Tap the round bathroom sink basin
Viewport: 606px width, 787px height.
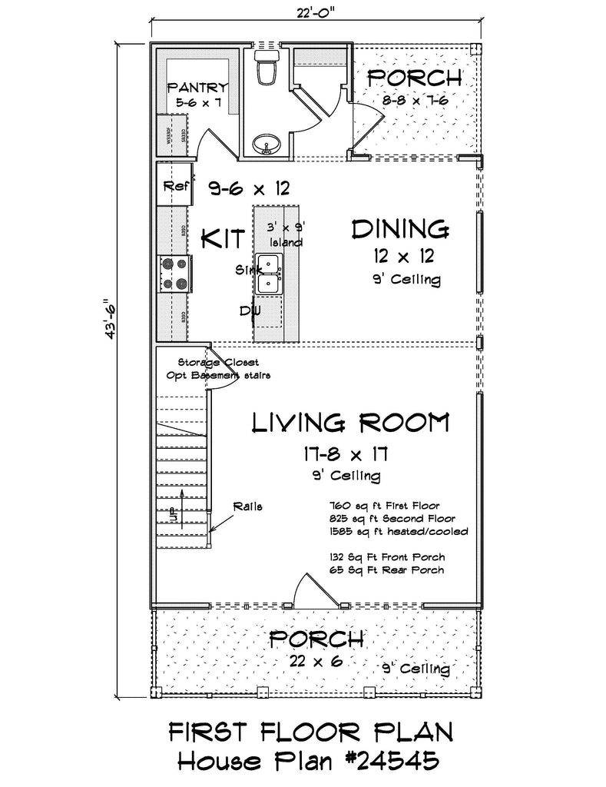(x=267, y=144)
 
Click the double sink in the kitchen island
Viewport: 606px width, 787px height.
(x=269, y=274)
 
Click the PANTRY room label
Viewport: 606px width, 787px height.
(x=197, y=88)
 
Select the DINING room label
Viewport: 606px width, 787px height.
(x=399, y=228)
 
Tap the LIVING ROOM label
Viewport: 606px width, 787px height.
(x=350, y=422)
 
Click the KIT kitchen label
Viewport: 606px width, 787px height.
(x=223, y=238)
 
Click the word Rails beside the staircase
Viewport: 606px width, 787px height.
(x=249, y=506)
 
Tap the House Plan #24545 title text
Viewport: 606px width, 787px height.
(x=308, y=762)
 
